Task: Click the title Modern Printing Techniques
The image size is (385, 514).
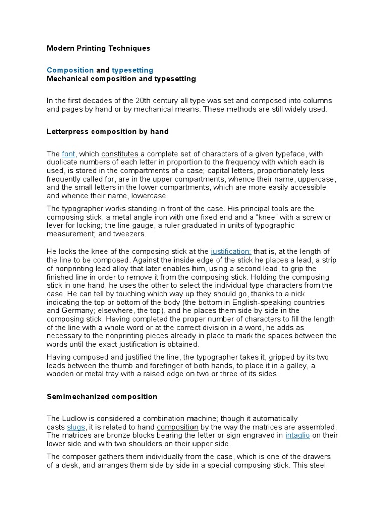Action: (98, 48)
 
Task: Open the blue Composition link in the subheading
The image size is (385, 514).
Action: (70, 70)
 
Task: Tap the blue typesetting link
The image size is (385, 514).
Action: (132, 70)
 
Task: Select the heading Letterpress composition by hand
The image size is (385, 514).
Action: (108, 132)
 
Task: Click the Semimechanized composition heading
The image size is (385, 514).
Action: (102, 397)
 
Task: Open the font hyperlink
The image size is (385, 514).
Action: (69, 154)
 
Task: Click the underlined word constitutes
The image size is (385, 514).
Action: (120, 154)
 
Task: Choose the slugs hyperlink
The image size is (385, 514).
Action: (76, 427)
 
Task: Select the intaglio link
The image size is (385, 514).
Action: (298, 435)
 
